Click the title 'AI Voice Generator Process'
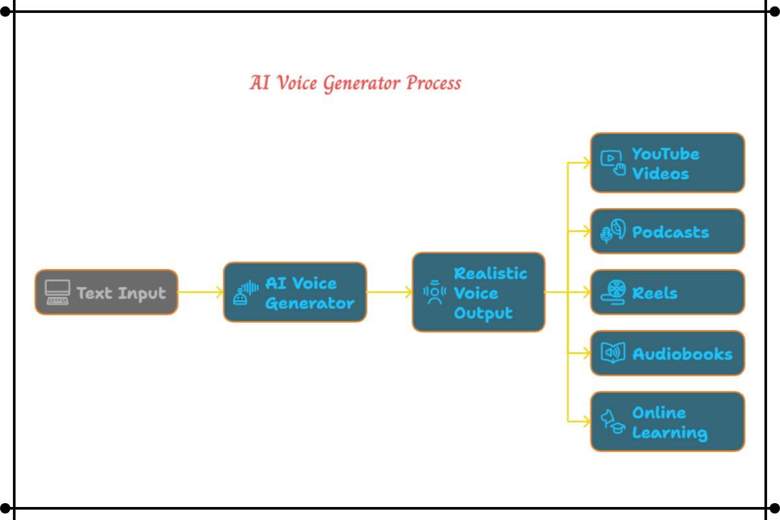click(x=355, y=84)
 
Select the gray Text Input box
click(x=106, y=292)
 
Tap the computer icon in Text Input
click(x=57, y=292)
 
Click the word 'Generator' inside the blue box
click(x=310, y=304)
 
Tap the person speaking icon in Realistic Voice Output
click(x=434, y=292)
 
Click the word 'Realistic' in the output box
click(x=490, y=273)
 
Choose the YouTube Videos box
click(x=667, y=163)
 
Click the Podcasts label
click(x=670, y=232)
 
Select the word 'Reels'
click(x=655, y=293)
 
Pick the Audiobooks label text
click(x=682, y=354)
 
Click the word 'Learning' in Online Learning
click(x=669, y=433)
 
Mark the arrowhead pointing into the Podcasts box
click(x=586, y=231)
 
